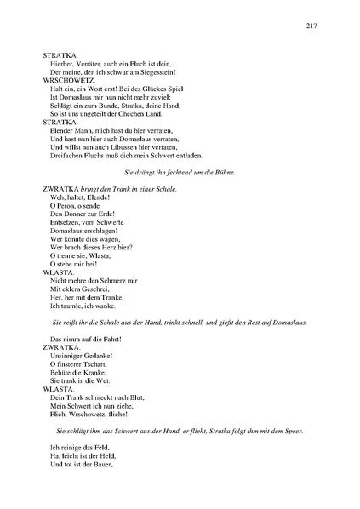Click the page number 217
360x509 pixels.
coord(311,26)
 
